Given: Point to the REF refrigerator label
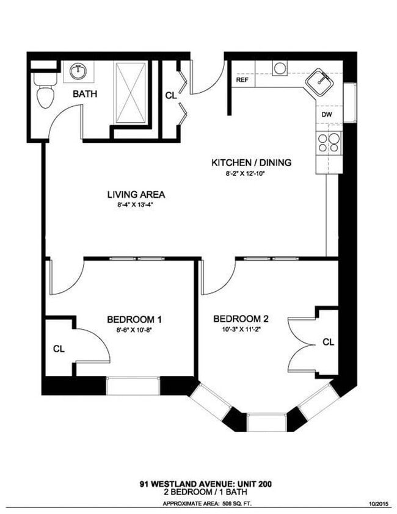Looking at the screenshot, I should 242,79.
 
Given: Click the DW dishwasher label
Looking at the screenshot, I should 327,114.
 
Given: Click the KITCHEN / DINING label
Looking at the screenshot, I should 251,162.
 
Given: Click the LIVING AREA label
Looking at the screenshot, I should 136,195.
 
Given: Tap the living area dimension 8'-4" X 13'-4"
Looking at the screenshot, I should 136,206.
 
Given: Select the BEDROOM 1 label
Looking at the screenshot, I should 134,319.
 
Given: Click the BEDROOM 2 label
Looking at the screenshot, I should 241,319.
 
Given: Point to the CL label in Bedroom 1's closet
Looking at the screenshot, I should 59,349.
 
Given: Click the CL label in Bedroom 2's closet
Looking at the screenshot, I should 328,342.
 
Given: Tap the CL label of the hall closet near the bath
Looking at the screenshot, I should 171,95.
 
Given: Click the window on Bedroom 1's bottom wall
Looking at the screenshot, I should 133,386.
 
